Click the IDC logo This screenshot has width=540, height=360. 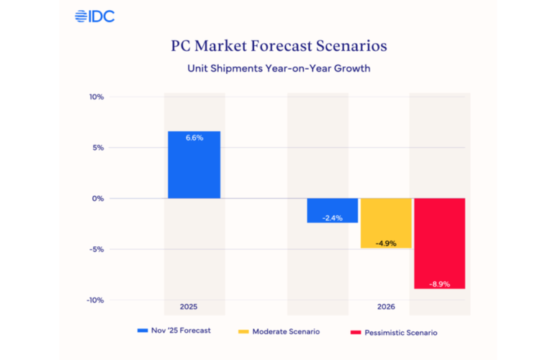(x=94, y=16)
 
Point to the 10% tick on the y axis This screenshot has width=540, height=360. (x=96, y=96)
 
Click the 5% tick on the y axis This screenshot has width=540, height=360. (x=99, y=148)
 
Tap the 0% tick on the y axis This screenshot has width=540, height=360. (x=99, y=199)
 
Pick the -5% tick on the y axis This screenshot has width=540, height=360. (x=97, y=250)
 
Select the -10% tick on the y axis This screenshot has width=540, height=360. (x=96, y=300)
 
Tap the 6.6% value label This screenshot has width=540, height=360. (x=194, y=138)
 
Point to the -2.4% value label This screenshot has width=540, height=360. (x=332, y=217)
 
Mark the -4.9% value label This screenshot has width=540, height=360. (x=386, y=243)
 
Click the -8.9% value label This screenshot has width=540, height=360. (x=439, y=284)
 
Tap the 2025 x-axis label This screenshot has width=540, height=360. (x=189, y=307)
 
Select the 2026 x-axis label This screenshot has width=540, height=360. (x=386, y=307)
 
